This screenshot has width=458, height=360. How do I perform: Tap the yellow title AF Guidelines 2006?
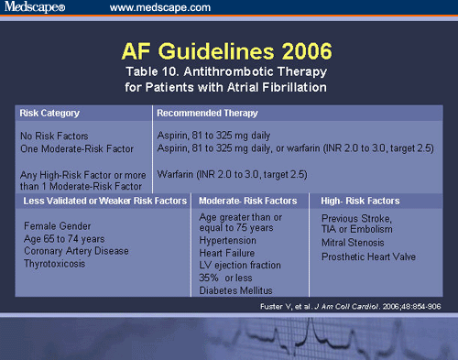click(228, 49)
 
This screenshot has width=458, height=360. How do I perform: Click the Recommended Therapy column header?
click(207, 114)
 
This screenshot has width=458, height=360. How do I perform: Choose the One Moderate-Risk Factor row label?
click(70, 147)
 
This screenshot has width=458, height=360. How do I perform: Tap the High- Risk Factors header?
click(360, 201)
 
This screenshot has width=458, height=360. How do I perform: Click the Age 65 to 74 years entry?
click(66, 237)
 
